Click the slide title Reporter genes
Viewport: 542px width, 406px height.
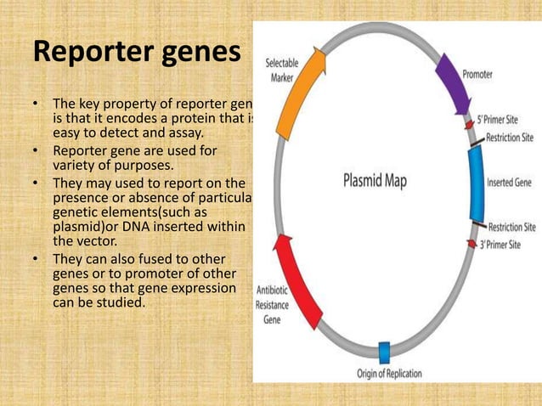(137, 53)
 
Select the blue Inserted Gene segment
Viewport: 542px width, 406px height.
(477, 182)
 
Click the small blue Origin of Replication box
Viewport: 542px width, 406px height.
(383, 352)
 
